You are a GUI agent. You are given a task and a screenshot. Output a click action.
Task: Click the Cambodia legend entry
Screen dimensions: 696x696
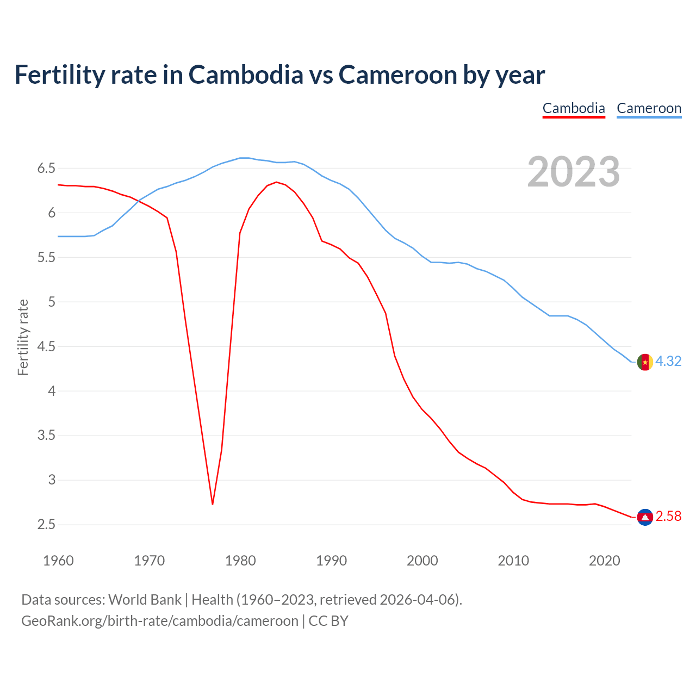(574, 108)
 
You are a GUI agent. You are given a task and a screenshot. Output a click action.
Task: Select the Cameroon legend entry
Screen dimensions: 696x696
(649, 108)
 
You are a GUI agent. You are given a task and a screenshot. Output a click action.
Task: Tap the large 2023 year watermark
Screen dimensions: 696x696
(574, 172)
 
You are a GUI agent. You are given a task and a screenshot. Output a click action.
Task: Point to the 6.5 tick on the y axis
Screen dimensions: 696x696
(46, 168)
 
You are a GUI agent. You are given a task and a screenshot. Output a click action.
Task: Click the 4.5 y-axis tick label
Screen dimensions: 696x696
(46, 346)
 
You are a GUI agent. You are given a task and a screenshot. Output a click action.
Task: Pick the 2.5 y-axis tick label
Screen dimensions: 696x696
(46, 525)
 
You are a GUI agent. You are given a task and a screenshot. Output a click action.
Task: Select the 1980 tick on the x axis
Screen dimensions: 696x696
(240, 561)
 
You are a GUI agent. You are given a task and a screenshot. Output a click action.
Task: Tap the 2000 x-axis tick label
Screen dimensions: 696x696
(422, 561)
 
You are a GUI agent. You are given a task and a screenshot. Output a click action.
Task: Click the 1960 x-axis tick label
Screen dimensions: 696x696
(58, 561)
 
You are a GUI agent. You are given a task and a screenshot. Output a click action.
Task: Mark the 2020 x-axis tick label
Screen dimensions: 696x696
(604, 561)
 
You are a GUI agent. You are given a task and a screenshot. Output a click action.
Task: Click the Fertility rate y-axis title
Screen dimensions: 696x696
(23, 337)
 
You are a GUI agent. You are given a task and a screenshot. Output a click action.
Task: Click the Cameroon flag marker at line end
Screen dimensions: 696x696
(645, 362)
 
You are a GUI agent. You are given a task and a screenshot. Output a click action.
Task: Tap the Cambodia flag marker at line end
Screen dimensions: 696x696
(645, 517)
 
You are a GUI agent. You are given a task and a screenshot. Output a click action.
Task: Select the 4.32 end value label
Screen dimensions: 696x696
(668, 362)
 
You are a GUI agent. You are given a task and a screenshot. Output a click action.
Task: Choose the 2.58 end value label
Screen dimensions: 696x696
(668, 517)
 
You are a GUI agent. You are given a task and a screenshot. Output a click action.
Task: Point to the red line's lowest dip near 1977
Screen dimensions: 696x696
(213, 504)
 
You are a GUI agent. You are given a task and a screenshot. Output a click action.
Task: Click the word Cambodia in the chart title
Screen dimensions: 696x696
(246, 74)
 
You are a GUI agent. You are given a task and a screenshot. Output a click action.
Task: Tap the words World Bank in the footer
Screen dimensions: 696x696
(145, 600)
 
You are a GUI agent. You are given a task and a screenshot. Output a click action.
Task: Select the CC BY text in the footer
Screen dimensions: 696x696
(328, 621)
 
